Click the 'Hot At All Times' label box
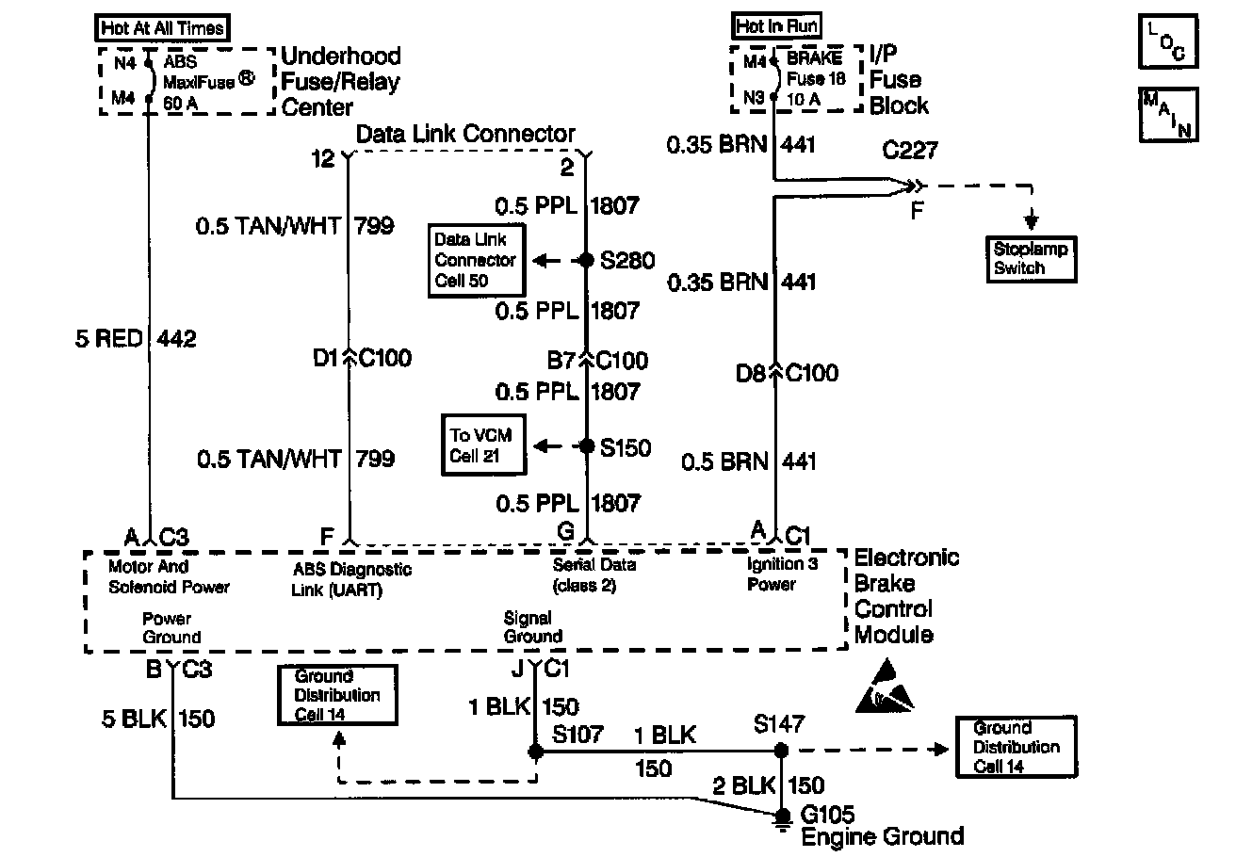point(165,27)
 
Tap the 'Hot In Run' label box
point(776,26)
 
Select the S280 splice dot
point(586,261)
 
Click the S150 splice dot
point(586,446)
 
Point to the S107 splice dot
point(535,752)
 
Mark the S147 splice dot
point(781,751)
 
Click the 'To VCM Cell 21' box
point(485,446)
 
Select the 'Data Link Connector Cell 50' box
point(476,260)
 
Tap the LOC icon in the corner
point(1168,42)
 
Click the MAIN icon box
point(1168,114)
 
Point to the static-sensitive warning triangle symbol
point(885,686)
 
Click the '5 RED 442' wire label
point(136,338)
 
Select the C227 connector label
point(911,149)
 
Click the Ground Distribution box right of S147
point(1016,747)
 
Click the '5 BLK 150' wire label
point(157,719)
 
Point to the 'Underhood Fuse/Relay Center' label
point(341,82)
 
